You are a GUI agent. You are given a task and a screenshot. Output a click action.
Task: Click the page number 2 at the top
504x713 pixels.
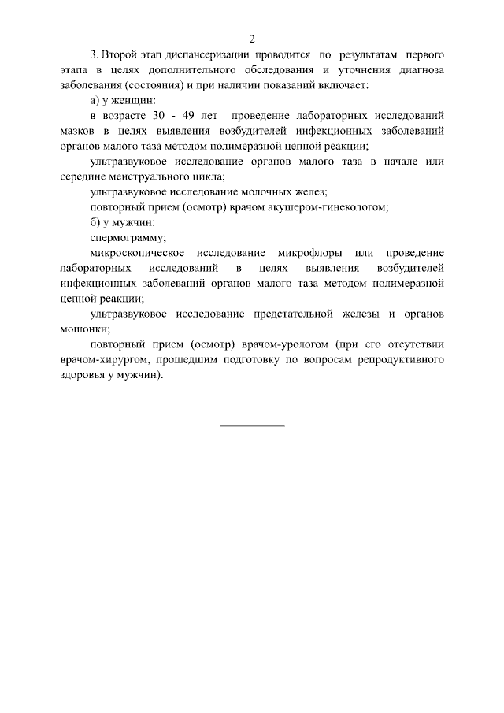point(252,38)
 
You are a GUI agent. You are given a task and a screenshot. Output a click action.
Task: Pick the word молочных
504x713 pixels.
point(272,192)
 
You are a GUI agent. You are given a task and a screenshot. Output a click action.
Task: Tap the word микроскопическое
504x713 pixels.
point(138,253)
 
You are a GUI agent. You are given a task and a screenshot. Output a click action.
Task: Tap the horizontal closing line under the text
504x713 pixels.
point(252,426)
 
